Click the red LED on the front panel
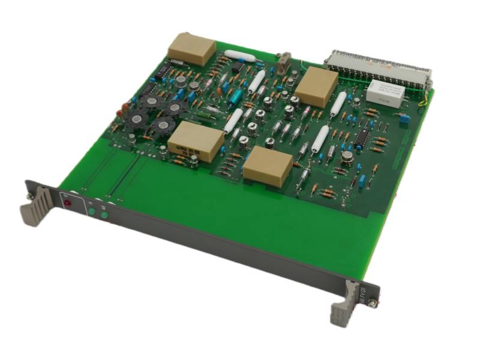[x=67, y=203]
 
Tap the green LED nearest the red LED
[x=91, y=211]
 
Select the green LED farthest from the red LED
[x=104, y=215]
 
